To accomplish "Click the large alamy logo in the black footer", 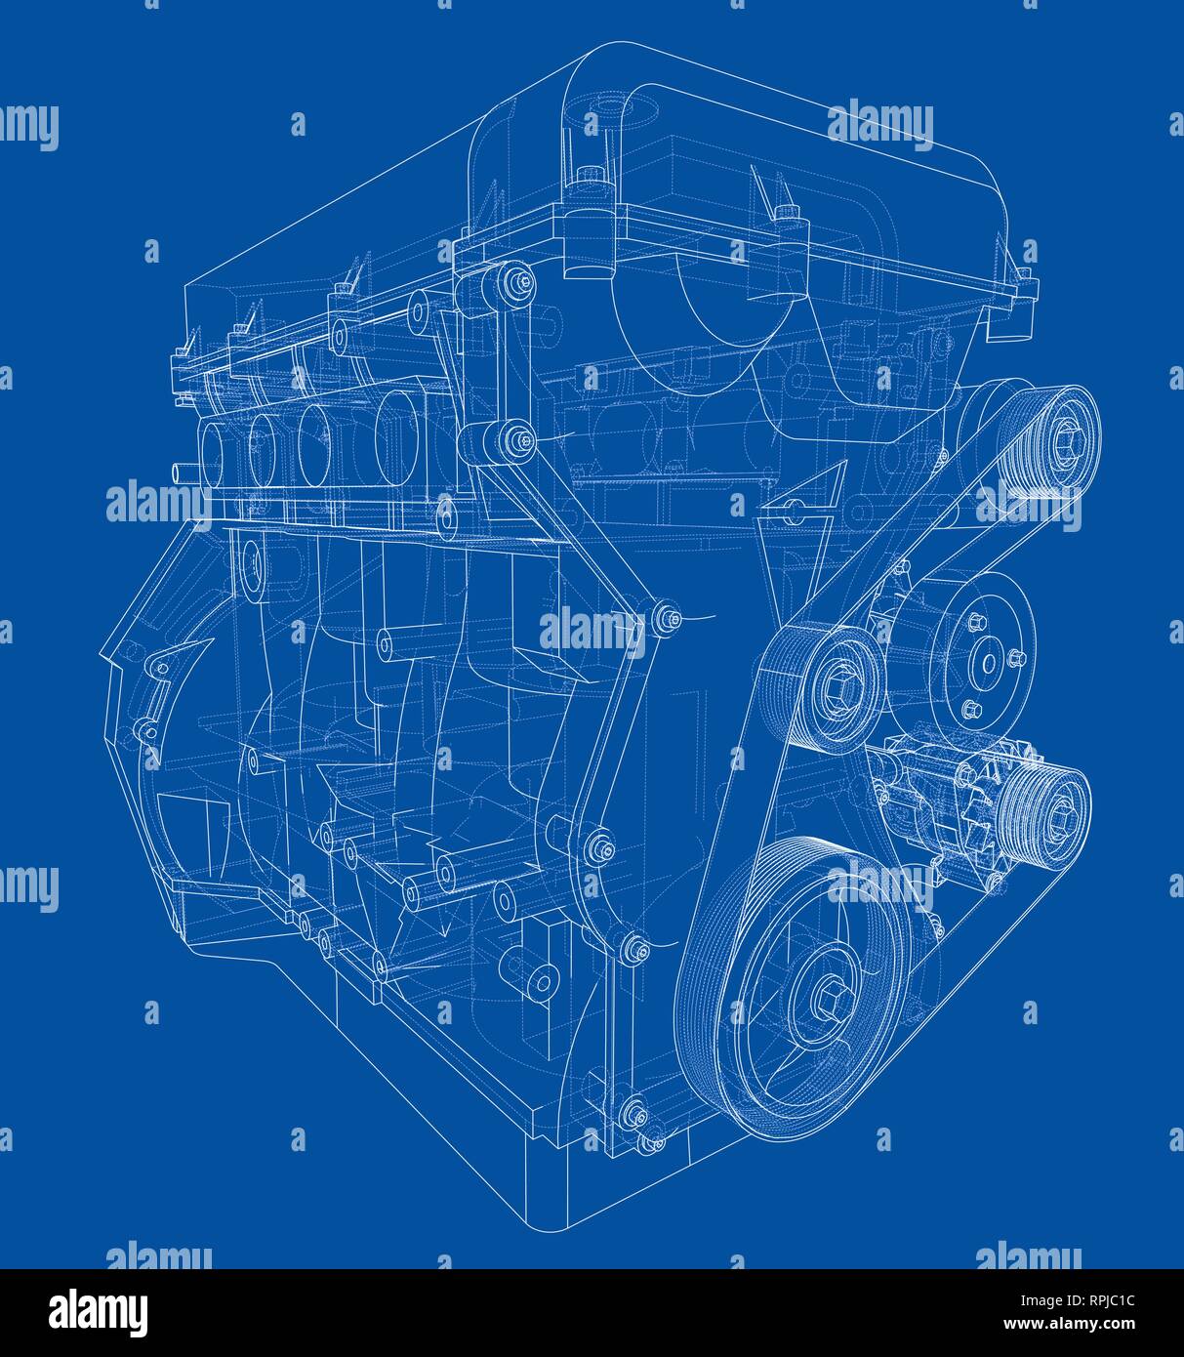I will point(98,1310).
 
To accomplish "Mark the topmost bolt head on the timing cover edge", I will point(523,282).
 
